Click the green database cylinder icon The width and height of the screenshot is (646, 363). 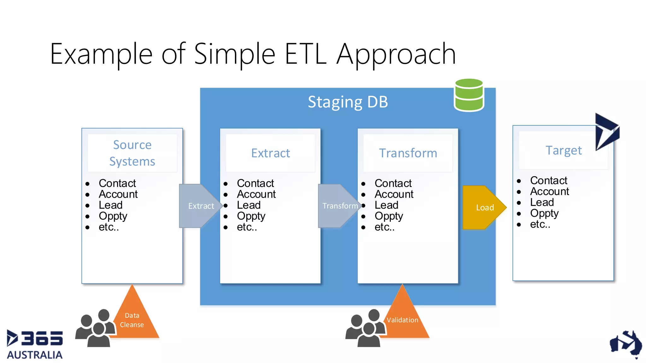[469, 95]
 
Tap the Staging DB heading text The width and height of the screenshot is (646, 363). [348, 102]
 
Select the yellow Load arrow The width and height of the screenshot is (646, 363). [483, 207]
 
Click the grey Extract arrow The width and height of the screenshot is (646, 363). [199, 206]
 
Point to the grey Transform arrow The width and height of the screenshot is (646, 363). [338, 206]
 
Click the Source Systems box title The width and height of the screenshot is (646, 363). [132, 153]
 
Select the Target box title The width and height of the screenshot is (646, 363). [563, 150]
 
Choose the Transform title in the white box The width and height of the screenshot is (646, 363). [408, 153]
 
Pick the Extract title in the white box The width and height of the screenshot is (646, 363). [270, 153]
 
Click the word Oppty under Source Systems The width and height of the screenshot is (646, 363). [113, 216]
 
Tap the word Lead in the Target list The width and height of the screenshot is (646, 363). [542, 202]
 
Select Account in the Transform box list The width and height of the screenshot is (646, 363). [394, 194]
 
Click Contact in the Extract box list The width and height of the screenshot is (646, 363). [255, 183]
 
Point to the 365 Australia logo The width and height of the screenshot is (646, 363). [35, 344]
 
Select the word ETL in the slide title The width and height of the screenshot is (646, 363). [305, 54]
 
